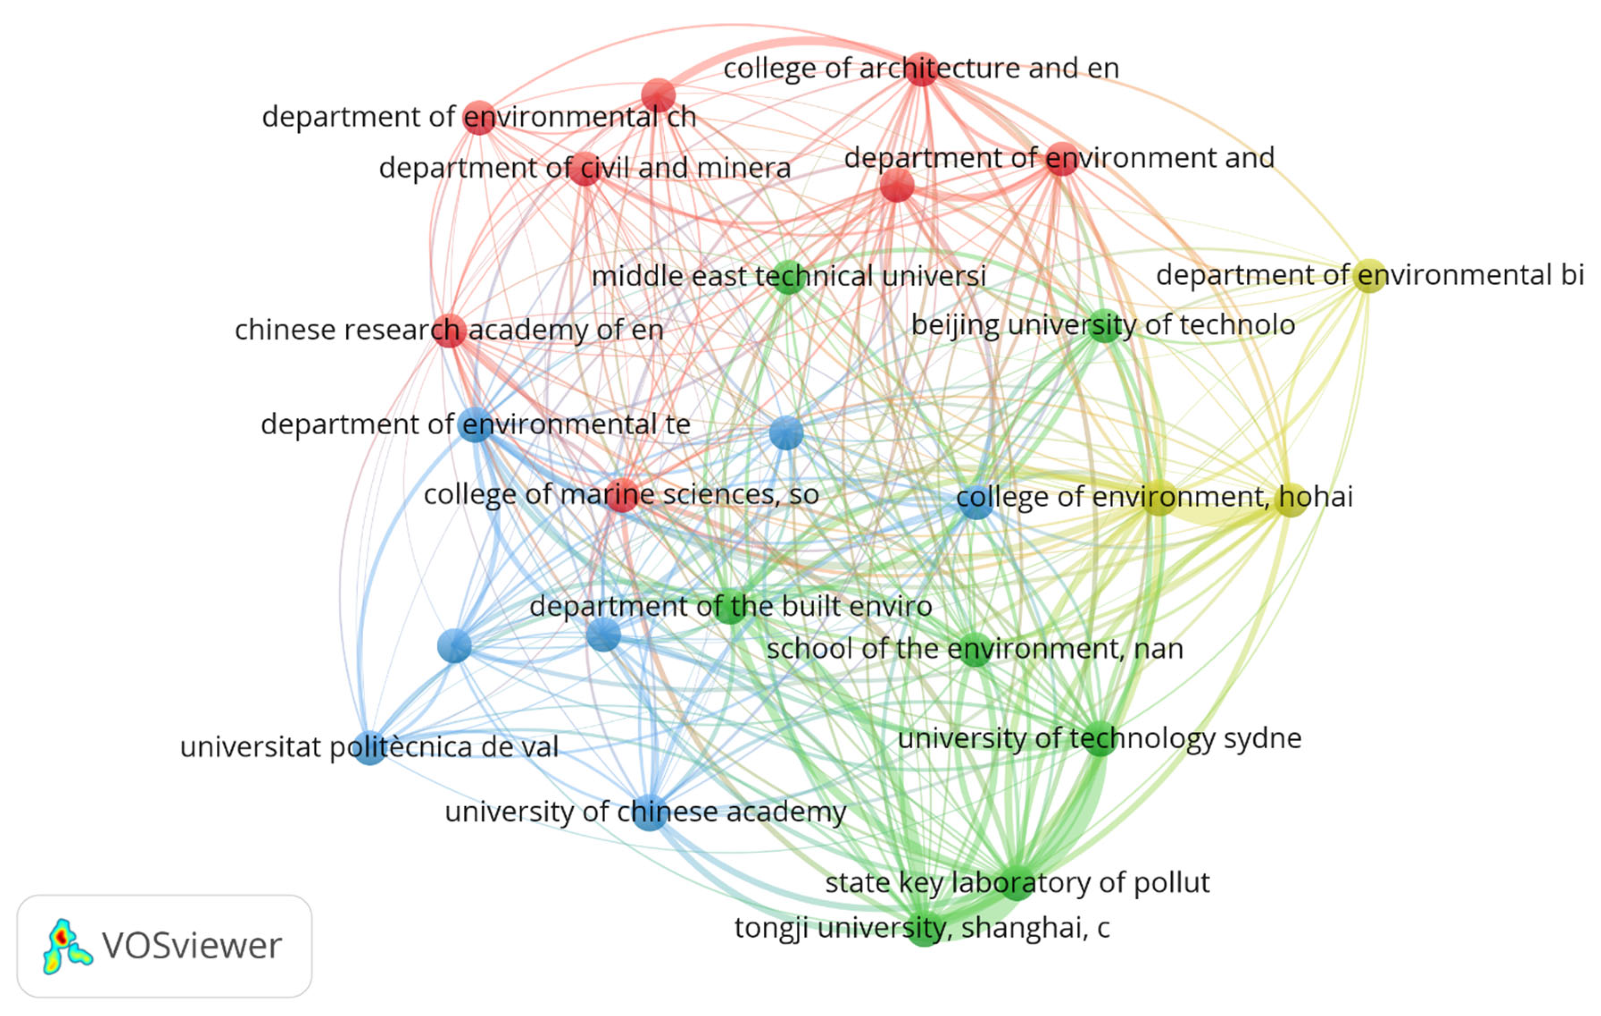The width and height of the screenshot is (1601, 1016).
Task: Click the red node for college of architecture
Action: [x=921, y=68]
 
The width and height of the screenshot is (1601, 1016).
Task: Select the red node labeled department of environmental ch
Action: [x=478, y=118]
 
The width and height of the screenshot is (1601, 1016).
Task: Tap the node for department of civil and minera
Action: [x=585, y=168]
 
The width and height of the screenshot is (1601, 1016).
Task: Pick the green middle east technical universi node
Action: [x=789, y=277]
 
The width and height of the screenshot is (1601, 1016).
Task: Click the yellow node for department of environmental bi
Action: [x=1368, y=275]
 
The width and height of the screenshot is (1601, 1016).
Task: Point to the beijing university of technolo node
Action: [x=1104, y=326]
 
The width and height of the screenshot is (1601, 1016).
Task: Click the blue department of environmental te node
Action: [x=475, y=425]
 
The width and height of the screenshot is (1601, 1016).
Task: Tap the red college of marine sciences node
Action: [x=622, y=495]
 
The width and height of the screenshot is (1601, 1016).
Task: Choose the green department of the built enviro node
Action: [x=730, y=606]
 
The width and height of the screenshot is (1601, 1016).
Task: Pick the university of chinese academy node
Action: [x=650, y=812]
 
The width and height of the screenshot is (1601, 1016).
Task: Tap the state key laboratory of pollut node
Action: [x=1016, y=883]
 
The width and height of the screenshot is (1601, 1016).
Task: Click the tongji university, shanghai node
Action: [x=923, y=928]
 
